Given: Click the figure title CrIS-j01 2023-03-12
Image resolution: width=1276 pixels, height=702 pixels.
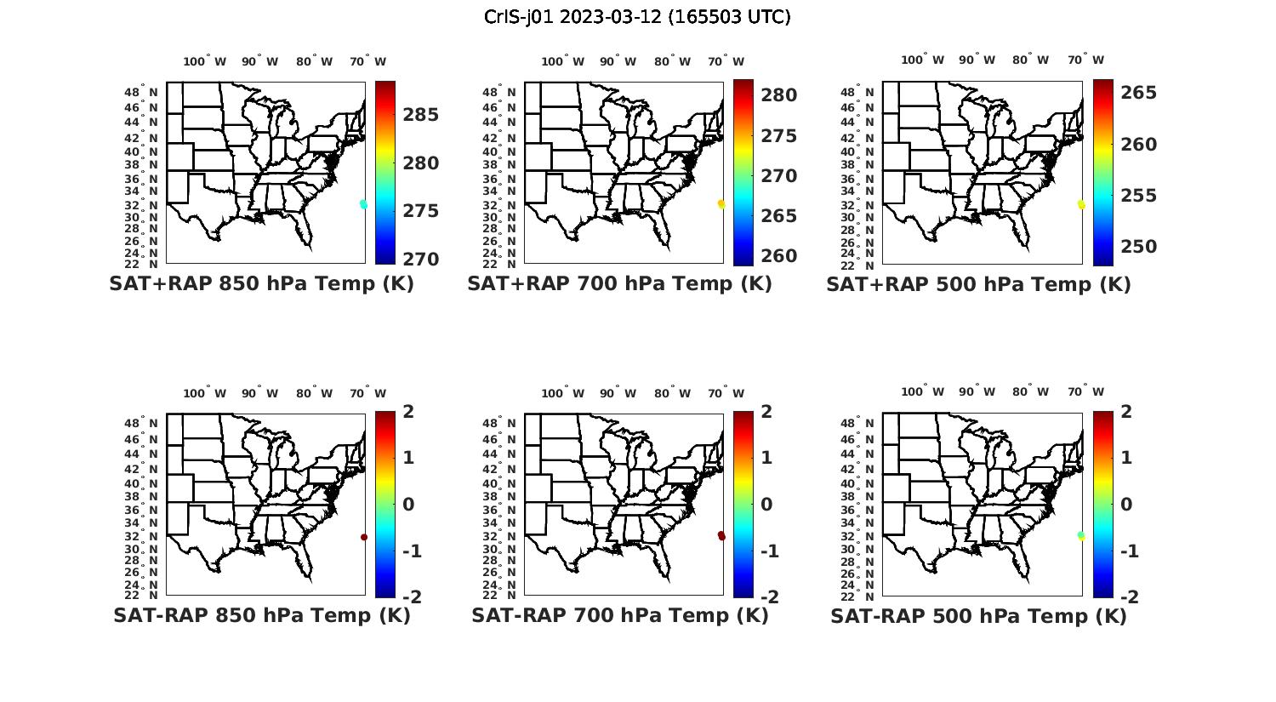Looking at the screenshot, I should tap(637, 17).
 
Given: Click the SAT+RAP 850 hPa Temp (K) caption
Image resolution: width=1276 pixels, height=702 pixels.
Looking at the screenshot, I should tap(261, 284).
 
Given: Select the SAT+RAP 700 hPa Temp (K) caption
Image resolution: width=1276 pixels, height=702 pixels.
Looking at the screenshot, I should tap(619, 284).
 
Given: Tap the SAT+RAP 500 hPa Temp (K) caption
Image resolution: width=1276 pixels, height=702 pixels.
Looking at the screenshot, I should tap(978, 284).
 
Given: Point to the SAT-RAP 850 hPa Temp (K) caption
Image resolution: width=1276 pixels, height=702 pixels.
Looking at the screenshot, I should tap(261, 615).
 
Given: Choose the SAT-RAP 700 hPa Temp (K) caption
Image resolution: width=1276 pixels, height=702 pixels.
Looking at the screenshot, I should tap(619, 615).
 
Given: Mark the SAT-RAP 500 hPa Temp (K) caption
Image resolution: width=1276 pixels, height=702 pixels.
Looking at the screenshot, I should tap(978, 615).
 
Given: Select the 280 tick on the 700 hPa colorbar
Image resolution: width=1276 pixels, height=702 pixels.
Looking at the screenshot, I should tap(778, 95).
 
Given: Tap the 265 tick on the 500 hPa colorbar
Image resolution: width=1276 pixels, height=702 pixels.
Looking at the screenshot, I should tap(1138, 93).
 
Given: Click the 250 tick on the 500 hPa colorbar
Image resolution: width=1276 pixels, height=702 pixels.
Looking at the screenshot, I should tap(1138, 247).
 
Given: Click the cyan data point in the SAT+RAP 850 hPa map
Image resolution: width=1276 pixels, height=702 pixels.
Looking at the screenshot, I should tap(363, 204).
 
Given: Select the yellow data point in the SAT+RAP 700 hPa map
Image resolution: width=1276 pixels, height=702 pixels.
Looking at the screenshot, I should tap(721, 204).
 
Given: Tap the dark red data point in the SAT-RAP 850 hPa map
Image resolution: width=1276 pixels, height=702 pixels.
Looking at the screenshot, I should tap(364, 537).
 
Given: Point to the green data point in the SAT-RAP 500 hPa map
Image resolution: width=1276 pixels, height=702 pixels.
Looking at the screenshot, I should tap(1081, 535).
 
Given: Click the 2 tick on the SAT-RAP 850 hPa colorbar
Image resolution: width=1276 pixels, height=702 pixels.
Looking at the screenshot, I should tap(408, 412).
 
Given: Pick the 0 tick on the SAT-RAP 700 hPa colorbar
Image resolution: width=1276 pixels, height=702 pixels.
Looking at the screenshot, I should tap(766, 505).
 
